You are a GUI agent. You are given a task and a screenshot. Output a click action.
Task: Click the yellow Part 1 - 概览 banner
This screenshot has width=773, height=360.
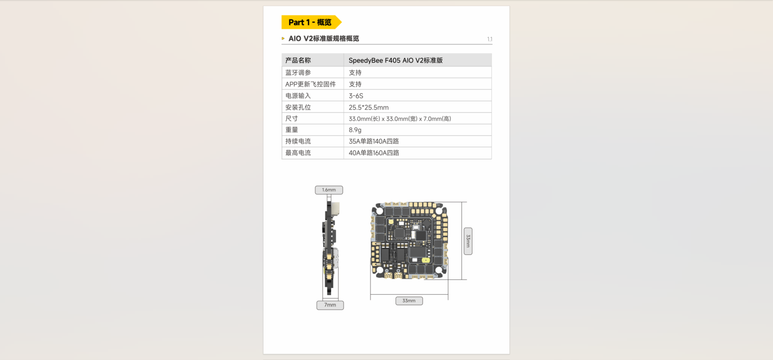[x=311, y=22]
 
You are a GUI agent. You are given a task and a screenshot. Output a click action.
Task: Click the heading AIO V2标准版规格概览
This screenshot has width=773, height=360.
[x=324, y=39]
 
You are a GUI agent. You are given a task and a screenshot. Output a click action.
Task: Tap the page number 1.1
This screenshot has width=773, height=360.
[x=489, y=39]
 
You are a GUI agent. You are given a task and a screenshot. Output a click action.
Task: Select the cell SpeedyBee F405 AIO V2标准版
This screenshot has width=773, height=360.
[x=395, y=60]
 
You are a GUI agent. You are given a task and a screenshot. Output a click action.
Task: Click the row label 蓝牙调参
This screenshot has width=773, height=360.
[x=298, y=72]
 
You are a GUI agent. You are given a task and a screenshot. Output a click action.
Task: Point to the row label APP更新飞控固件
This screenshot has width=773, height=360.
[x=311, y=84]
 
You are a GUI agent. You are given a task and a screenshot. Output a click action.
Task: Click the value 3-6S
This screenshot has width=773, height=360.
[x=356, y=96]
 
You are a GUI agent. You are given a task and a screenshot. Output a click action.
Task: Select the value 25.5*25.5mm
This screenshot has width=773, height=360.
[x=368, y=108]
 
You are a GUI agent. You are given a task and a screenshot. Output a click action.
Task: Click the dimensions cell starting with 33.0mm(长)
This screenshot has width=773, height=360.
[x=400, y=119]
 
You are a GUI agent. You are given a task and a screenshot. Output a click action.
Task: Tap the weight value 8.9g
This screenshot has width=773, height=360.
[x=355, y=130]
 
